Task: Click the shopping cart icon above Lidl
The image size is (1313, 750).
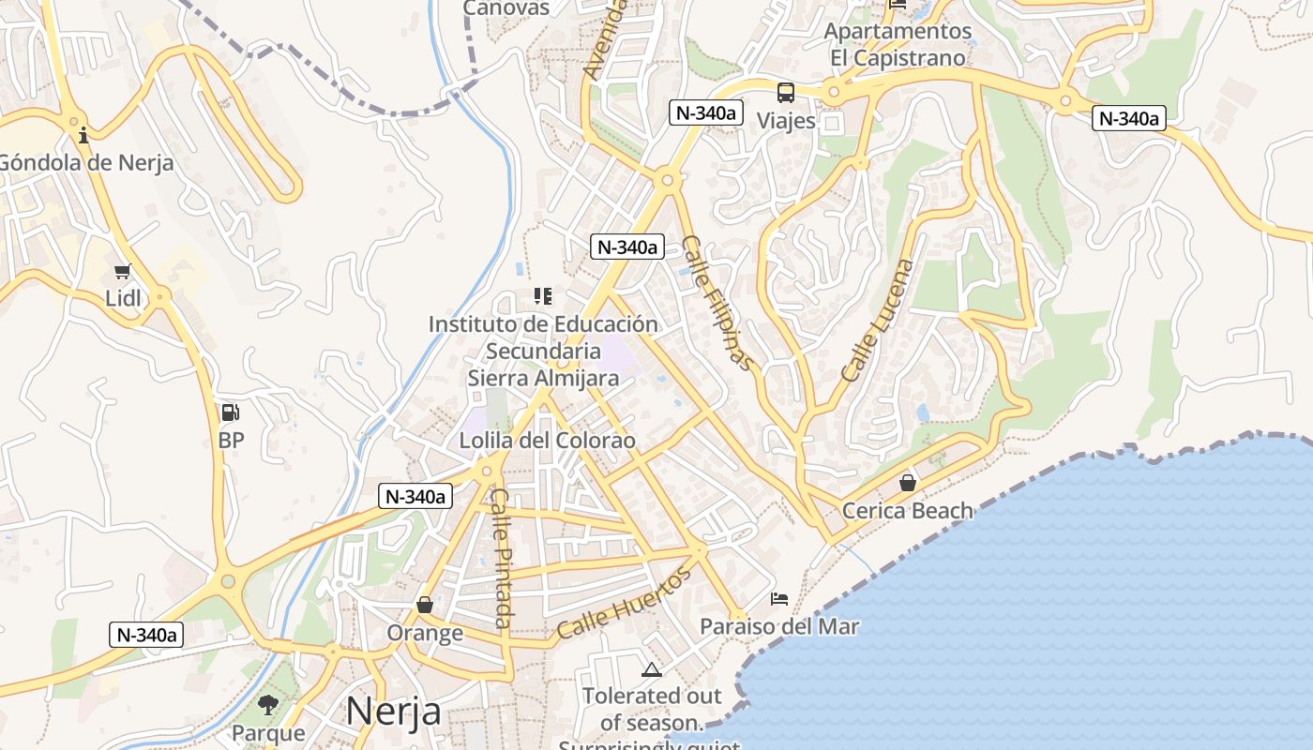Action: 122,272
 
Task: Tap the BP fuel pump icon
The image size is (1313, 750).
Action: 230,412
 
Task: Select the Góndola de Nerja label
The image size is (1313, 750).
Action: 85,163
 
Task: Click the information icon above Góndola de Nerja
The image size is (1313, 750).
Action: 83,135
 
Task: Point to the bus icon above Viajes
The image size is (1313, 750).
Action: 786,93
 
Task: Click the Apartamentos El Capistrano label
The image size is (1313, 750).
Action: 898,44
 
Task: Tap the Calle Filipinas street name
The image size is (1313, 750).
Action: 717,302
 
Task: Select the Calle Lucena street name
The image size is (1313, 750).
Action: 877,320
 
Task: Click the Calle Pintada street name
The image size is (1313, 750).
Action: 503,558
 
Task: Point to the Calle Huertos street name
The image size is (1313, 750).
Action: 624,602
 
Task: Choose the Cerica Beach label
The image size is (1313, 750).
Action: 907,511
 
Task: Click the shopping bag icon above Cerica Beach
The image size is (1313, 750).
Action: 907,483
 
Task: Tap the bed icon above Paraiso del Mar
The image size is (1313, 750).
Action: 779,598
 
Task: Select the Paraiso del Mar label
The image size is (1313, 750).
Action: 779,626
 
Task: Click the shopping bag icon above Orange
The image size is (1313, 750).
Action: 425,605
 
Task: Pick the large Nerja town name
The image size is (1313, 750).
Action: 393,712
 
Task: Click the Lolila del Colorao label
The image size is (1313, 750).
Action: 547,441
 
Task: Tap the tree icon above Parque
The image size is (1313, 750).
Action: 268,705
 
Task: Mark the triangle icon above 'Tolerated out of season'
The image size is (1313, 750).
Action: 651,669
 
